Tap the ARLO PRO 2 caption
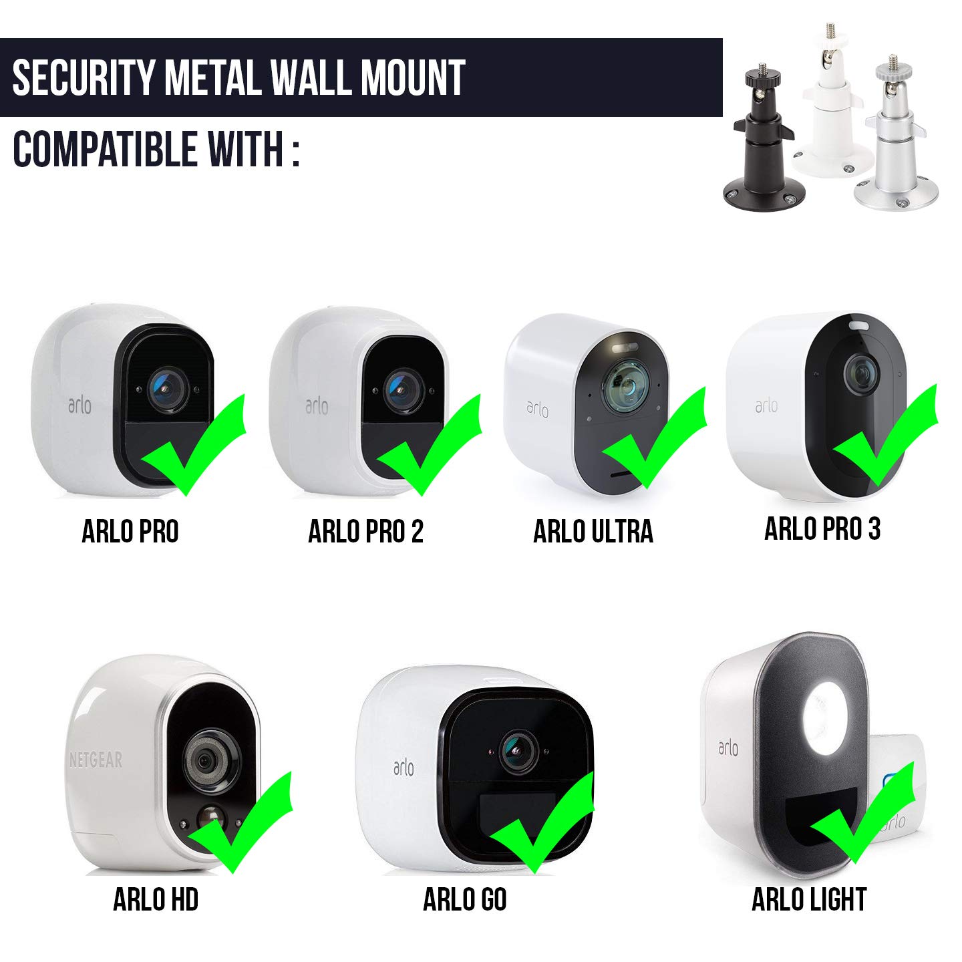(x=365, y=531)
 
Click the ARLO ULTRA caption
(x=593, y=531)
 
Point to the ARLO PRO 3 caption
(x=822, y=528)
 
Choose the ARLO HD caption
(x=156, y=900)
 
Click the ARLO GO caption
(x=465, y=900)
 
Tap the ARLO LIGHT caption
(x=809, y=900)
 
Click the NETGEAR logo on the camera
(x=96, y=760)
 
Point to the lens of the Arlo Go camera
(x=518, y=752)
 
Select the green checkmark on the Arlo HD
(x=240, y=823)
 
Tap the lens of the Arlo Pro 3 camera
(x=862, y=374)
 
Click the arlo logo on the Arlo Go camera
(x=404, y=768)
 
